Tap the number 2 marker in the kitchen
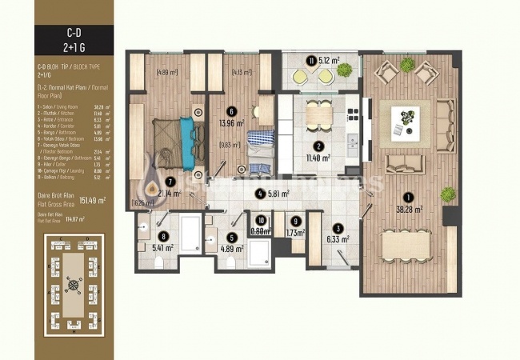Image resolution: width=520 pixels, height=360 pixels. click(318, 146)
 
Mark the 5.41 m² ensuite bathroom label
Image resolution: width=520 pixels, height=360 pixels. click(163, 249)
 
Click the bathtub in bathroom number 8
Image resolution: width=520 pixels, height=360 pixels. click(190, 233)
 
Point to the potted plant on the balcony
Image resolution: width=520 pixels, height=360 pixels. click(344, 70)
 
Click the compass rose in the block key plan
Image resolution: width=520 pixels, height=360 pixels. click(74, 282)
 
